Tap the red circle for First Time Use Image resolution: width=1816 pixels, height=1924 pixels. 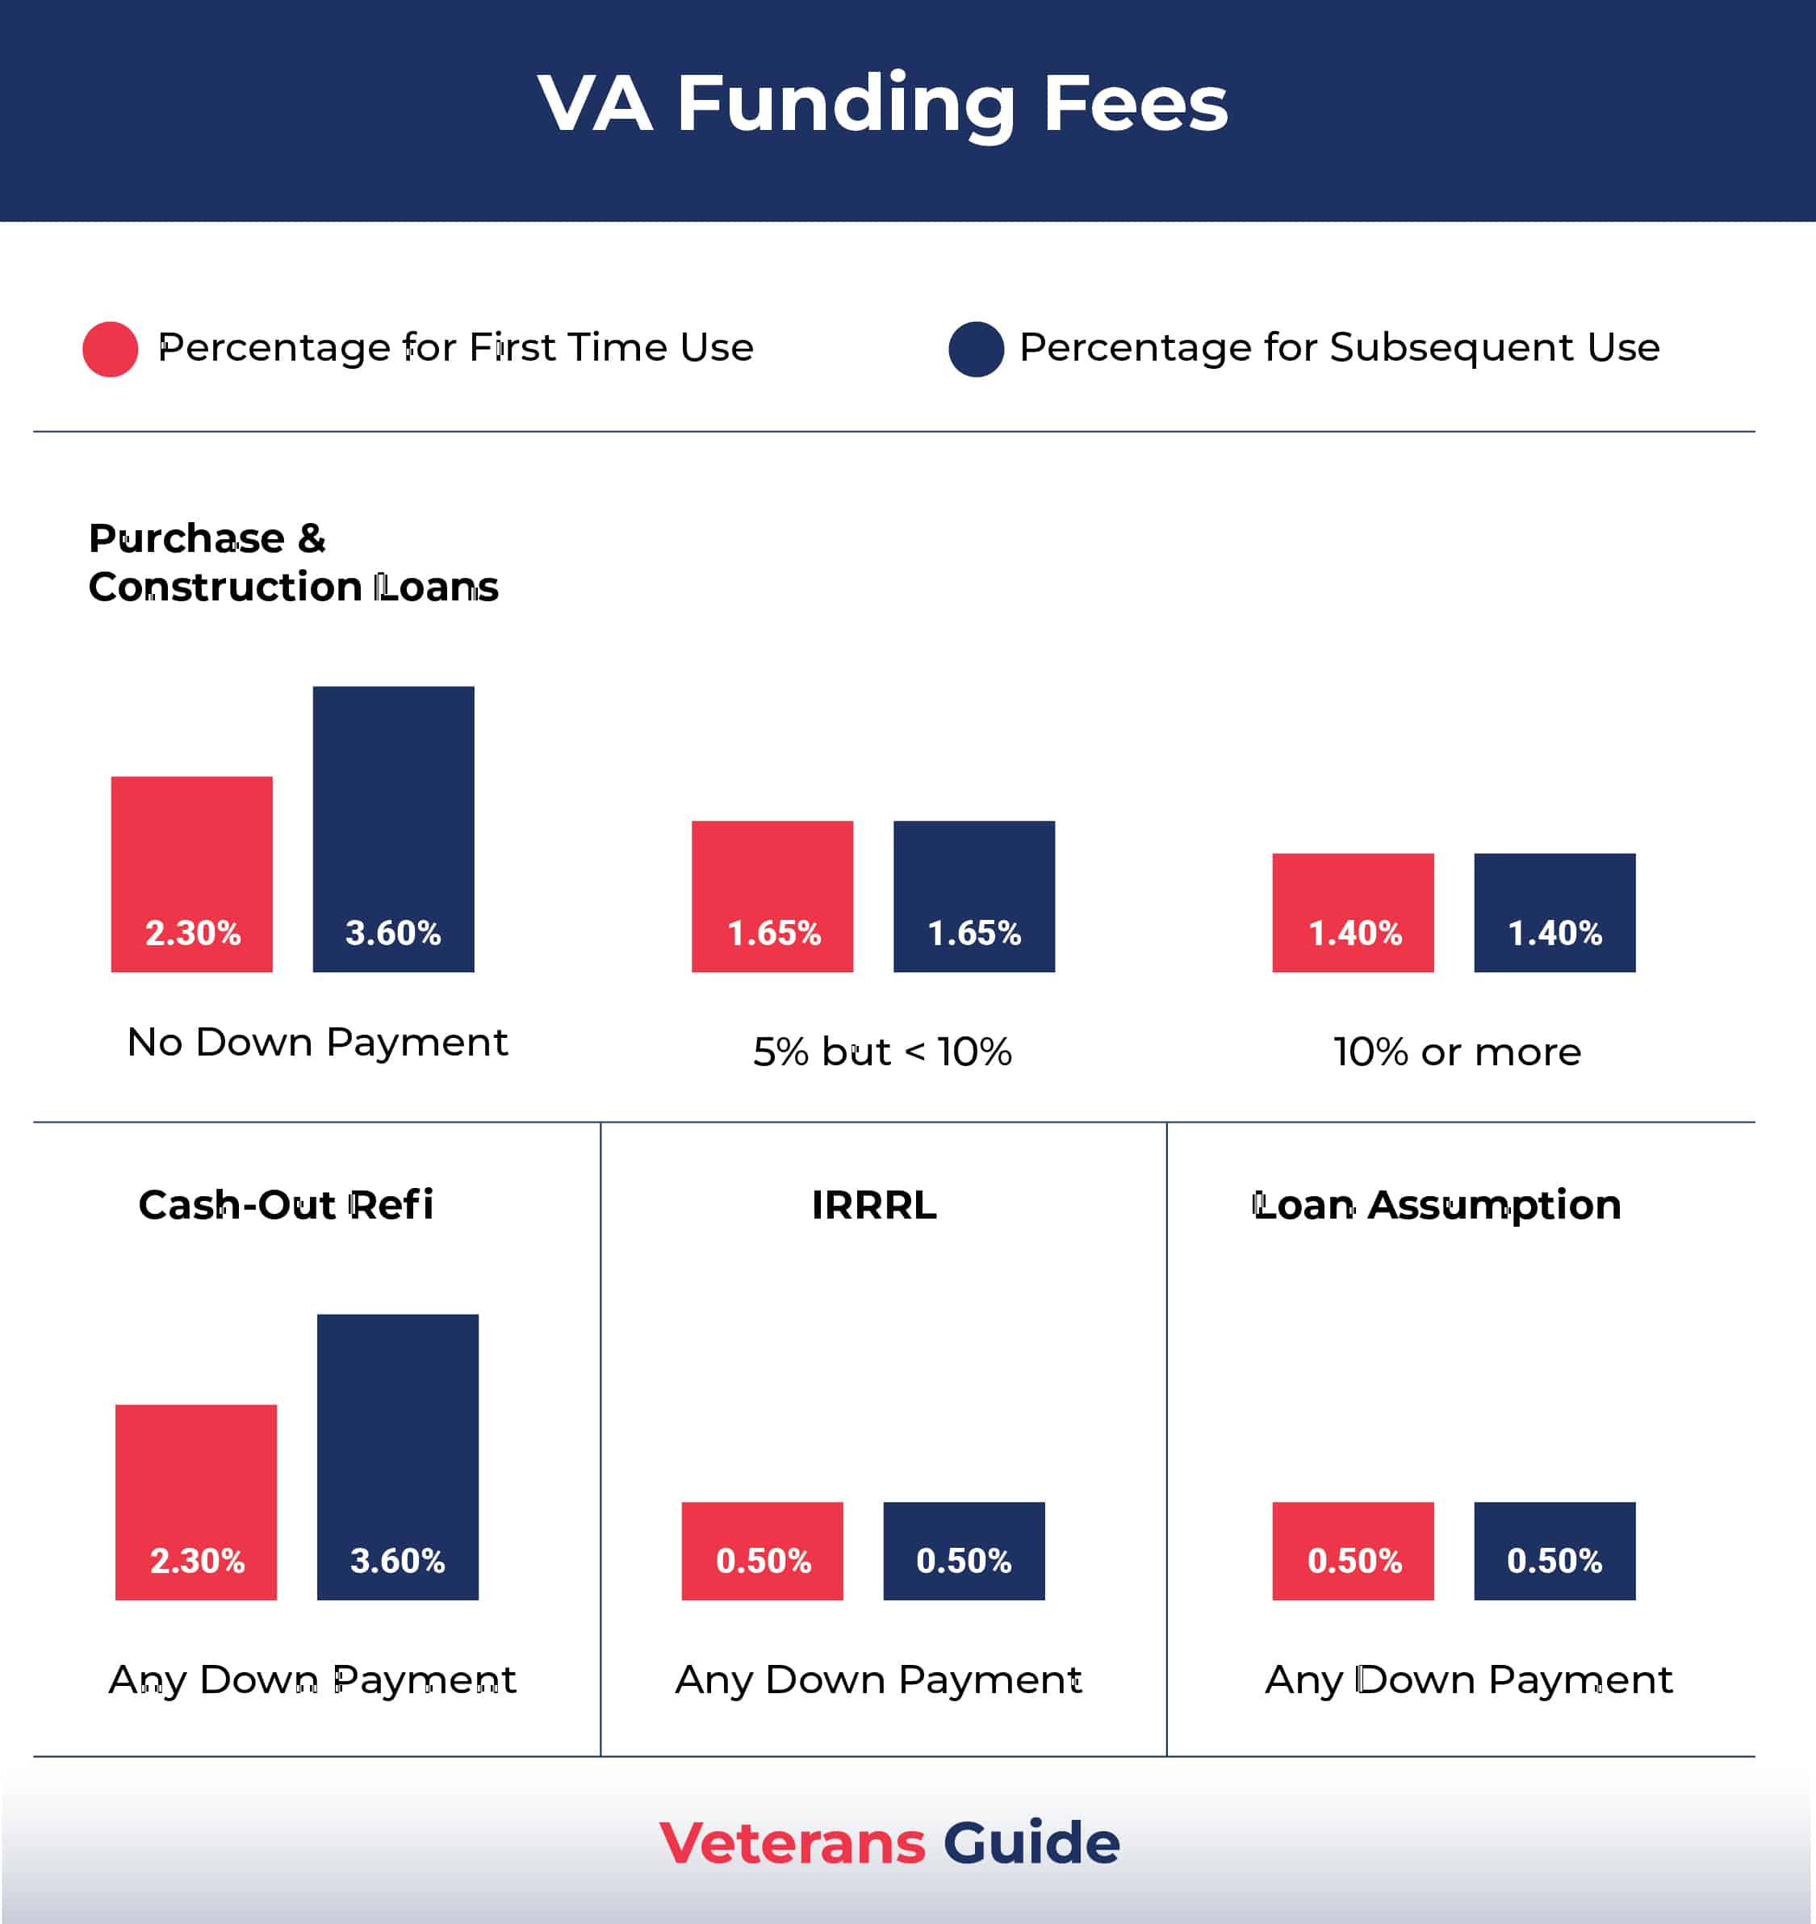(x=111, y=349)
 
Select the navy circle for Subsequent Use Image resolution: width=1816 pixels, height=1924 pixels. (x=976, y=349)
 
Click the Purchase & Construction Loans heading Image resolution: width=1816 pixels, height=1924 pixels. (x=292, y=563)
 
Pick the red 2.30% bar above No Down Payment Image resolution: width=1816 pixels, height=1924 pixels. (x=191, y=874)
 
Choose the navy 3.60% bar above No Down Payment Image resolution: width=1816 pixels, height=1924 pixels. (x=393, y=829)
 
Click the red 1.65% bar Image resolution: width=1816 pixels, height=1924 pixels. (x=772, y=896)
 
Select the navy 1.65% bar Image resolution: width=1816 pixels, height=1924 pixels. (x=974, y=896)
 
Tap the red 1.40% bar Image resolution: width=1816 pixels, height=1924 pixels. (x=1353, y=913)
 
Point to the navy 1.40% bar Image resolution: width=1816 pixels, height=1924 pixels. (x=1554, y=913)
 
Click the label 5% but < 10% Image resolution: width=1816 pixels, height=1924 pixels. (x=882, y=1052)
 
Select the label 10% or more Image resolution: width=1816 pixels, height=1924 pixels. (x=1457, y=1052)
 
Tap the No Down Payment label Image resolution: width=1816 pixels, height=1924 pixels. (x=317, y=1043)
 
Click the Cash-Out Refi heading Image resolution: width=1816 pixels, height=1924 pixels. (x=286, y=1205)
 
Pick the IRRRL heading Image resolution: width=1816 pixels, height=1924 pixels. (x=874, y=1205)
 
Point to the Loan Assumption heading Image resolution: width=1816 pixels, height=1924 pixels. (x=1437, y=1205)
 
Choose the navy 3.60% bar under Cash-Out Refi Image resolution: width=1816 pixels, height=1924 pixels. (x=398, y=1457)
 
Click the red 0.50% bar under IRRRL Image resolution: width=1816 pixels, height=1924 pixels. (x=762, y=1550)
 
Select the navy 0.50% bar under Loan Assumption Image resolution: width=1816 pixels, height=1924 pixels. (x=1554, y=1550)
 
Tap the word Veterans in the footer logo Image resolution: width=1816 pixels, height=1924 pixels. (x=792, y=1842)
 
